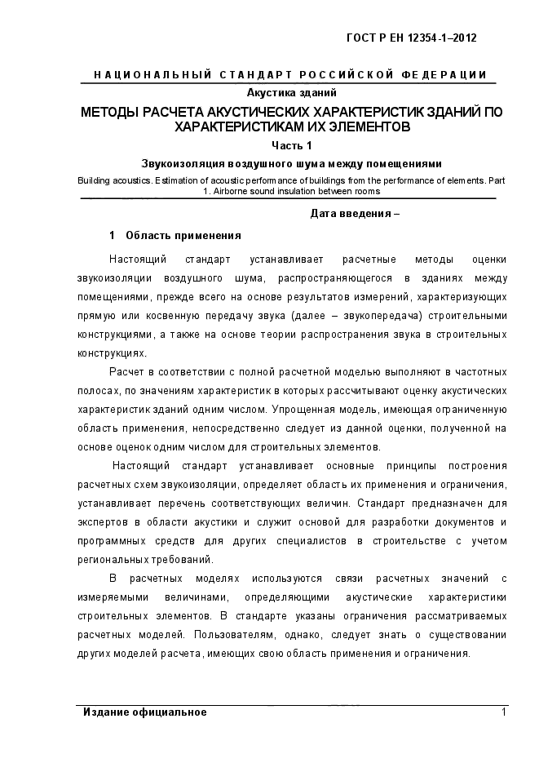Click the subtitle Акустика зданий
pos(291,92)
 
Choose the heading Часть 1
pos(292,145)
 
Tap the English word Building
pos(95,180)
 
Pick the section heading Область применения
pos(183,236)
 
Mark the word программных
pos(115,540)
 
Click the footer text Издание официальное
pos(145,712)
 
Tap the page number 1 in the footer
pos(503,712)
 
